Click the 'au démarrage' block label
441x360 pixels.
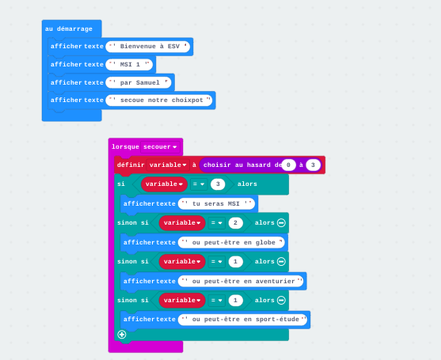coord(69,29)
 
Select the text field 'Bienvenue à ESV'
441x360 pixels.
coord(147,47)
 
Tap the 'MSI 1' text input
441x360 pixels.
coord(129,64)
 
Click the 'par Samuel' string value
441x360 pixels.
coord(139,82)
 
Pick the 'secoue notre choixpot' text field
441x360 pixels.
coord(159,100)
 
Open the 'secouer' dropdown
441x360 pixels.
coord(160,147)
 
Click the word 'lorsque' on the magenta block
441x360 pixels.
coord(125,146)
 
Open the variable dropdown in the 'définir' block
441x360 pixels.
coord(168,165)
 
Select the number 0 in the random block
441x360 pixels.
coord(288,165)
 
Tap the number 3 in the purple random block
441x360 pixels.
coord(313,165)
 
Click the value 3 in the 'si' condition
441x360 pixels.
coord(218,184)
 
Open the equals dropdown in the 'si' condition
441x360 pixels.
coord(199,184)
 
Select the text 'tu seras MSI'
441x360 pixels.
coord(216,204)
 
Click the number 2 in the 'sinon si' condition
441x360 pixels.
coord(235,223)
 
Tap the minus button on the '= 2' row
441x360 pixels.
coord(281,223)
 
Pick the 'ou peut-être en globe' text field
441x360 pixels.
coord(231,243)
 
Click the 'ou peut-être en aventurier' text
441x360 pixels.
coord(241,281)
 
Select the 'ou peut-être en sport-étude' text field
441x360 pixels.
coord(242,320)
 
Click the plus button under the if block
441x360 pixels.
coord(122,335)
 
